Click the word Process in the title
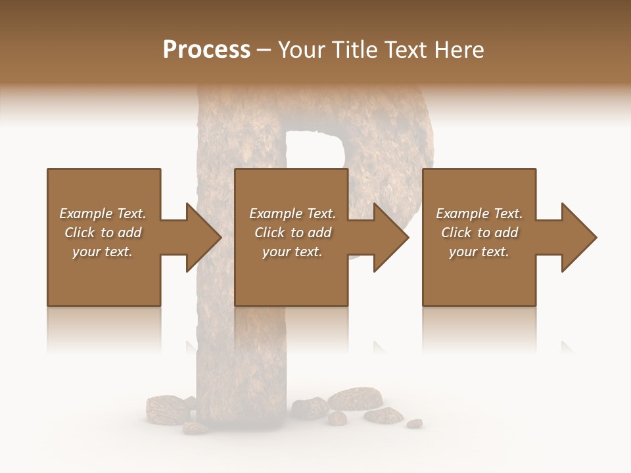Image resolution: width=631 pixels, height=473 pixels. pos(206,50)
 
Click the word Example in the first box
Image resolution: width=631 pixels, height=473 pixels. pos(85,214)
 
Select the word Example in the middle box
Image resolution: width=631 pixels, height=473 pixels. pos(275,214)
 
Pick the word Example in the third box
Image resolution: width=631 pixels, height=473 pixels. pos(462,214)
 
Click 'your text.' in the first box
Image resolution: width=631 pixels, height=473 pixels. pos(103,252)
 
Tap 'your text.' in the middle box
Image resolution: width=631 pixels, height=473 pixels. pos(292,252)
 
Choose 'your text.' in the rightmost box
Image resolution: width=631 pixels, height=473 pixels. pos(479,252)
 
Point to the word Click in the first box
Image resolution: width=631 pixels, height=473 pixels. pos(80,233)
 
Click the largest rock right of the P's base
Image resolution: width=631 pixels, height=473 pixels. pos(355,398)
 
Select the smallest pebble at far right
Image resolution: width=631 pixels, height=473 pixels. pos(414,424)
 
